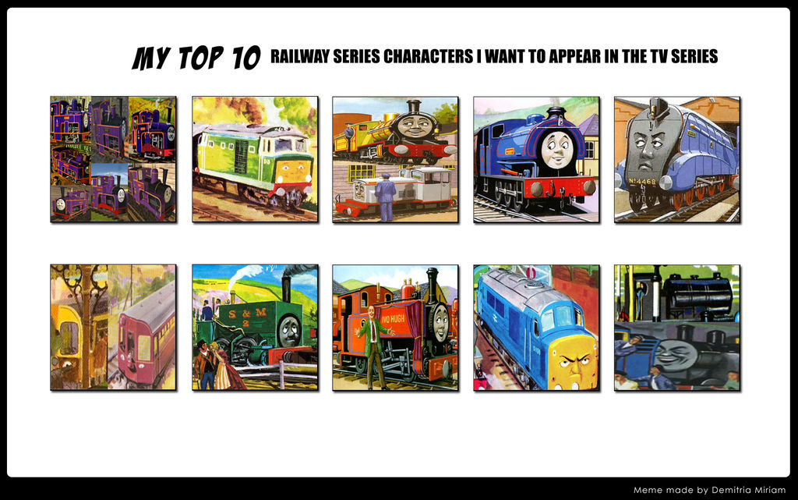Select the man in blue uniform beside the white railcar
click(x=386, y=197)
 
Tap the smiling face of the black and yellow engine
click(x=415, y=126)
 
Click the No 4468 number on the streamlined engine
click(x=642, y=181)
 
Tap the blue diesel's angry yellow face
click(x=574, y=363)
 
